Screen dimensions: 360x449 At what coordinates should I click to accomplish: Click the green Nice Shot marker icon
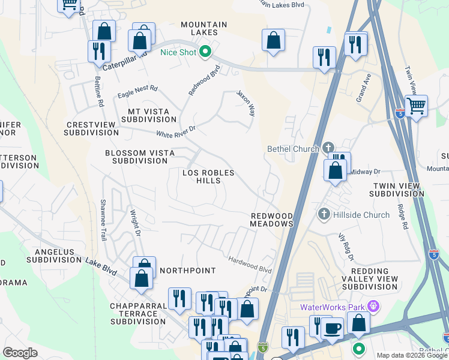tap(205, 52)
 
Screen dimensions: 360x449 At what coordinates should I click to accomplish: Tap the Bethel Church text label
tap(293, 148)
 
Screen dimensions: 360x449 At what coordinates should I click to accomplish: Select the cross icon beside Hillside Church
tap(324, 214)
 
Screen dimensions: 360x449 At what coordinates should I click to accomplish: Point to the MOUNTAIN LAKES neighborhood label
tap(204, 28)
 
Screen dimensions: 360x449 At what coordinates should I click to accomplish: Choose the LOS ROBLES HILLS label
tap(208, 176)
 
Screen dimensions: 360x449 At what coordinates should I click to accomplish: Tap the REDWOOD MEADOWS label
tap(271, 219)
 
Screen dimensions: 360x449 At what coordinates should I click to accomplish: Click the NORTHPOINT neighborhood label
tap(187, 271)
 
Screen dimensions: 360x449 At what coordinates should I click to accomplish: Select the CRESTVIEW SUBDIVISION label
tap(91, 128)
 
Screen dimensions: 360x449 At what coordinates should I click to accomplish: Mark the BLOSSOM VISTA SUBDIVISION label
tap(139, 157)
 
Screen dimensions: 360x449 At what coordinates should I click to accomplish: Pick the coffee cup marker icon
tap(332, 328)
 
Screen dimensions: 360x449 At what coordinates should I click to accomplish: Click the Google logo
tap(20, 353)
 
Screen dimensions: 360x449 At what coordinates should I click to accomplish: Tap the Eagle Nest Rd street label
tap(137, 91)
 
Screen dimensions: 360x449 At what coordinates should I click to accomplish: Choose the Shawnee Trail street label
tap(103, 220)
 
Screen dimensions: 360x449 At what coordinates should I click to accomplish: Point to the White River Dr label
tap(176, 131)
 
